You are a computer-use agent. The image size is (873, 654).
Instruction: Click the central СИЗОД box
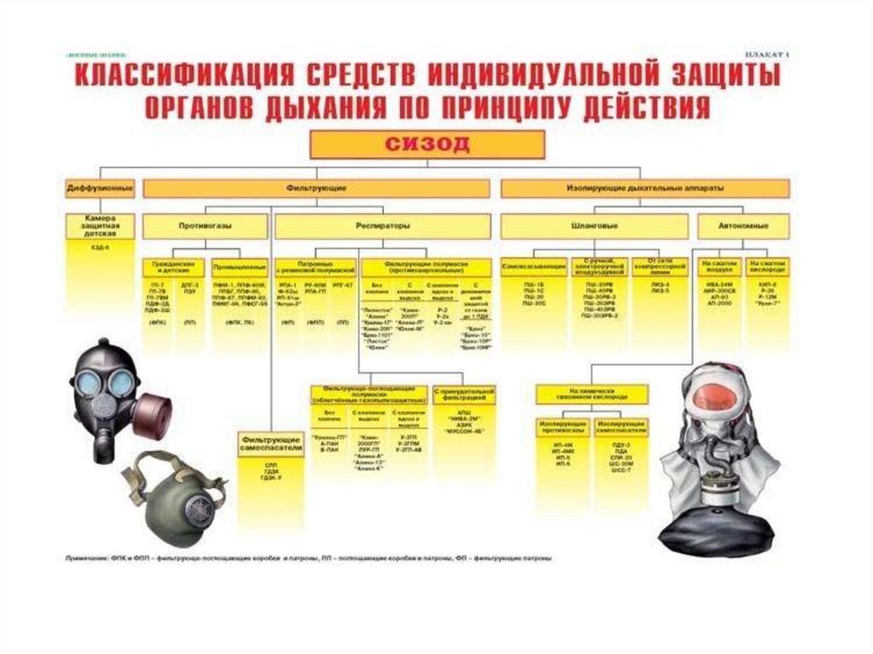click(426, 144)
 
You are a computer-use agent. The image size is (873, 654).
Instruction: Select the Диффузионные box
click(100, 187)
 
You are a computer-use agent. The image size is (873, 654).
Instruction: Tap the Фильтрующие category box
click(316, 187)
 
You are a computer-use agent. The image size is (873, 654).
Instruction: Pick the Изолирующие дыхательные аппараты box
click(645, 187)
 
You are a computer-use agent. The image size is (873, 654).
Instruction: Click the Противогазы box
click(205, 226)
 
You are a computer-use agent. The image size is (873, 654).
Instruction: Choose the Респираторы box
click(382, 226)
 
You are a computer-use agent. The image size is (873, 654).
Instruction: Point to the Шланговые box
click(593, 226)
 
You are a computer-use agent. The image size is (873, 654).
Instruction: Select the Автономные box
click(744, 226)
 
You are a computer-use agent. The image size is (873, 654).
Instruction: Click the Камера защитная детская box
click(100, 226)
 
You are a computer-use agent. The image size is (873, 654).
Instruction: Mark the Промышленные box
click(236, 267)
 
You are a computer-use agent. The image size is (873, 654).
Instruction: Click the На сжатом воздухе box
click(719, 267)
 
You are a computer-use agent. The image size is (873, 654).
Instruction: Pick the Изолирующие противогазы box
click(564, 426)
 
